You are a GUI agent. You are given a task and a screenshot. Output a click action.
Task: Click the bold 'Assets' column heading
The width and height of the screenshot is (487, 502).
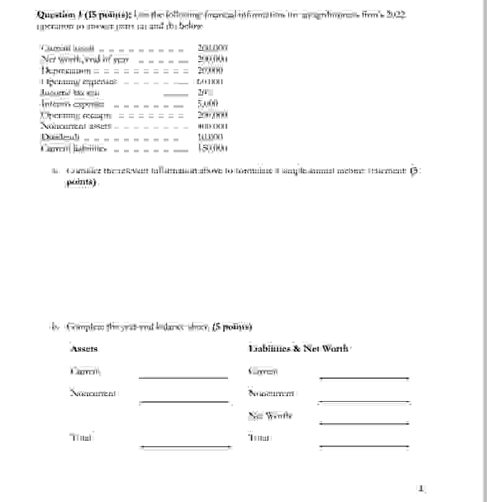84,349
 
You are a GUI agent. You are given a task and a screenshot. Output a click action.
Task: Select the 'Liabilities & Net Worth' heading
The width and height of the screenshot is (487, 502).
299,349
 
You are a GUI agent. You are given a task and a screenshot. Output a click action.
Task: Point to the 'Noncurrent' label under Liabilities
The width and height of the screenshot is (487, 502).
271,393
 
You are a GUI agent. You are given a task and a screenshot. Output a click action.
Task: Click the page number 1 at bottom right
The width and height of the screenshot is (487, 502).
421,488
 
